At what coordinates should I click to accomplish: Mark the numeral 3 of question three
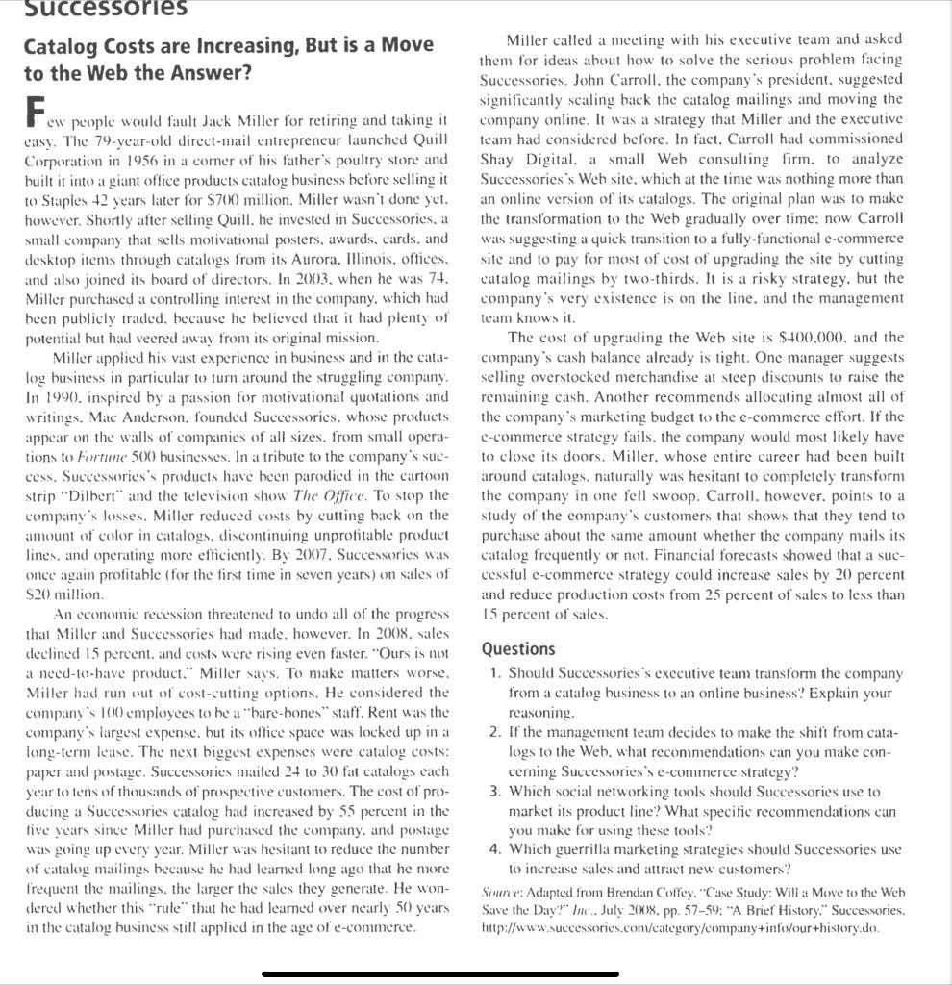[x=493, y=792]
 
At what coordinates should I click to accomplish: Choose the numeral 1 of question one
[x=493, y=672]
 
